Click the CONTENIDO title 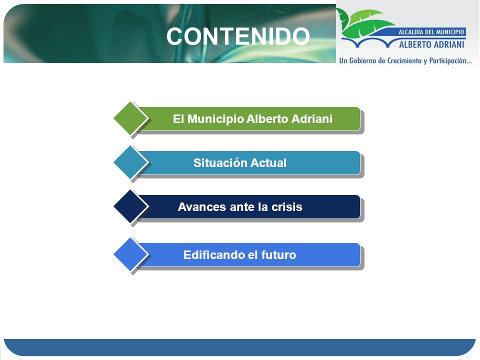(238, 36)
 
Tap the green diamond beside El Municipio (130, 118)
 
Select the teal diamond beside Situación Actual (130, 162)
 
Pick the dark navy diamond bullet (130, 206)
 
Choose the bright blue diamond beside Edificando (130, 254)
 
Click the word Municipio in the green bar (215, 119)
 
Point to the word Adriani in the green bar (311, 119)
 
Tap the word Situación (220, 163)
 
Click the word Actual (268, 163)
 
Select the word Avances (201, 207)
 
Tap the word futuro (279, 254)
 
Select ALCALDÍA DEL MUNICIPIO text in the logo (431, 32)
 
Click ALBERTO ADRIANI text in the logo (431, 44)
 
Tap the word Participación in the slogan (450, 60)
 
